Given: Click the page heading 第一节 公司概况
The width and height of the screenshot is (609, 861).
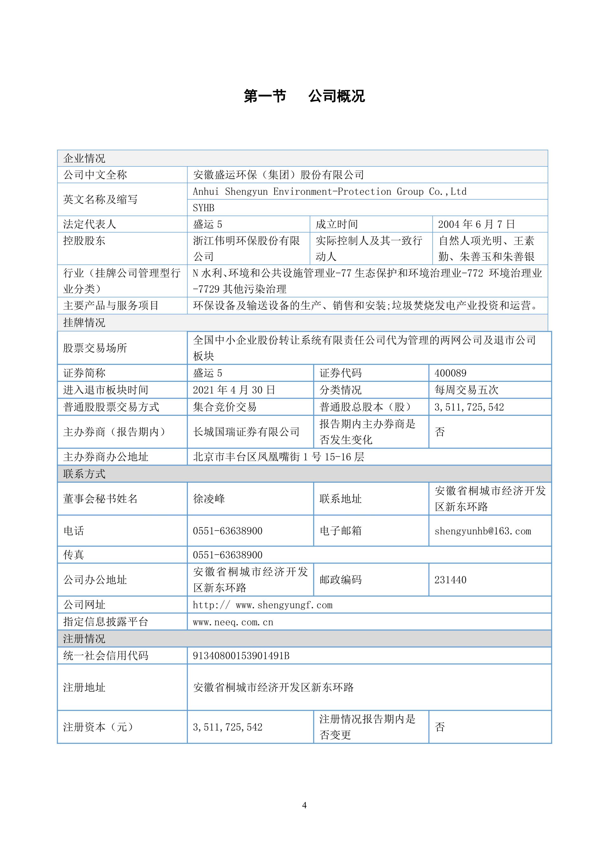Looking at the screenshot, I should point(304,96).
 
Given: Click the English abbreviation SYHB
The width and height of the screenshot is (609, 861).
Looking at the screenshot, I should point(203,208).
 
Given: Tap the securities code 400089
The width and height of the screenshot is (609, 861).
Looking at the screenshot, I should point(450,373).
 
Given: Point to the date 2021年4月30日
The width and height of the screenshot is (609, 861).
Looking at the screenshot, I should point(234,390).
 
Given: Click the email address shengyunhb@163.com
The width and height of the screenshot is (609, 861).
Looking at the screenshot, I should point(483,531).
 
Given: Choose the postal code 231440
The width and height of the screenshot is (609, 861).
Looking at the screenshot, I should point(450,580).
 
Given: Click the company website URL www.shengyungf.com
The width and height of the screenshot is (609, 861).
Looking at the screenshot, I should point(263,605).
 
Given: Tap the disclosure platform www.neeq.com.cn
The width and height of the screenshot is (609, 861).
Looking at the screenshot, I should point(233,622).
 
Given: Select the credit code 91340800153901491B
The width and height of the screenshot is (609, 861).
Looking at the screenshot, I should point(241,656).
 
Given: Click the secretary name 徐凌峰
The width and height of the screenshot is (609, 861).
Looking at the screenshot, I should point(209,499).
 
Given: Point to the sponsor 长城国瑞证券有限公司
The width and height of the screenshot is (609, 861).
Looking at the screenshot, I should point(246,432).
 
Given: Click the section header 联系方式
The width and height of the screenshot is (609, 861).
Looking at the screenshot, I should point(84,474).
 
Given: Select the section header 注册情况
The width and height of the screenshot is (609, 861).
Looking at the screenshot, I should point(84,639).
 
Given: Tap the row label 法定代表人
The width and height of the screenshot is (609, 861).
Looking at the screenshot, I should point(90,224).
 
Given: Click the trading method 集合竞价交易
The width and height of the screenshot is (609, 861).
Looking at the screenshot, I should point(225,407).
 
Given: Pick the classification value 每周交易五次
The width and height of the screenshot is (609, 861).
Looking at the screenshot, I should point(467,390).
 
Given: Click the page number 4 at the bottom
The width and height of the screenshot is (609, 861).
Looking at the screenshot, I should point(304,805).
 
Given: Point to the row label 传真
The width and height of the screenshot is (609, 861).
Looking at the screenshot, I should point(74,555).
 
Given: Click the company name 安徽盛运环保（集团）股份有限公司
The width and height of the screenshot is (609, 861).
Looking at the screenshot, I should point(278,175).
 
